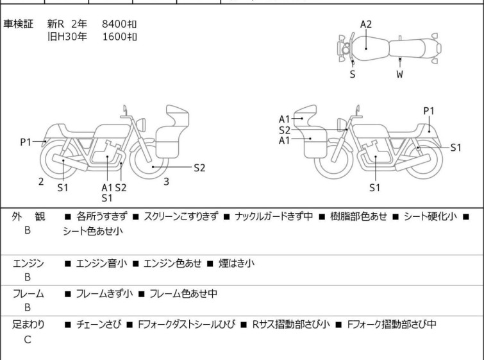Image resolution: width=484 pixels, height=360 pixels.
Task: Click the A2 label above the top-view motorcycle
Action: tap(366, 24)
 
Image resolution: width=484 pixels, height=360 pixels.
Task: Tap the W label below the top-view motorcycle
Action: tap(400, 74)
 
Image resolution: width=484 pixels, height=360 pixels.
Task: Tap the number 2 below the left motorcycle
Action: tap(41, 182)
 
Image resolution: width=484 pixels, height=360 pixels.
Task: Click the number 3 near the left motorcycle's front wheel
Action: tap(166, 182)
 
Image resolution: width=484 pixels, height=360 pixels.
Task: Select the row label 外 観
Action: tap(28, 217)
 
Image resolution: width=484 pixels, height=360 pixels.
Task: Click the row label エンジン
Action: tap(28, 263)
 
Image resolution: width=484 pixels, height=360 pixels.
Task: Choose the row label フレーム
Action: tap(28, 294)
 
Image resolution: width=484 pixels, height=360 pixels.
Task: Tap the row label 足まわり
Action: tap(28, 325)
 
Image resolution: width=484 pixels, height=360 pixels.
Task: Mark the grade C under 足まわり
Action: tap(28, 339)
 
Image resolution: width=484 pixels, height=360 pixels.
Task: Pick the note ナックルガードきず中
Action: tap(274, 217)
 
